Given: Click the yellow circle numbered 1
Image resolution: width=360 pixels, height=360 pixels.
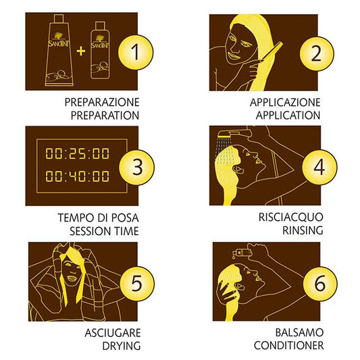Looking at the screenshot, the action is [136, 53].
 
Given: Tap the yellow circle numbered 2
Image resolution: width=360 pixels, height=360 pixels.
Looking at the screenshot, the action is [317, 54].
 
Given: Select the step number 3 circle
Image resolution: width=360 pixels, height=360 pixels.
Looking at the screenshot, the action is [137, 167].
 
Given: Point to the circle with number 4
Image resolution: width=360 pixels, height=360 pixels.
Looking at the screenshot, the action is [319, 168].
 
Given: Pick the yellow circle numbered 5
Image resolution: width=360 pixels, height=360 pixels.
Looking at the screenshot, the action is [137, 284].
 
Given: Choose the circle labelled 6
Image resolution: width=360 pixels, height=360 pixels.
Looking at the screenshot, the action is [320, 284].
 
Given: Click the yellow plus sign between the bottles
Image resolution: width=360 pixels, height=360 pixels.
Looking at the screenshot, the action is [81, 51].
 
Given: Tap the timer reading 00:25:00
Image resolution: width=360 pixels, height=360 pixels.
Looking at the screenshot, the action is [78, 153].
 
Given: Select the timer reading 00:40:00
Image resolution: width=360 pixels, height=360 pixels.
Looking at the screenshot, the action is [78, 176].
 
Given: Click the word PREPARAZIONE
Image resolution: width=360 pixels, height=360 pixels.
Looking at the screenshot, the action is [102, 103].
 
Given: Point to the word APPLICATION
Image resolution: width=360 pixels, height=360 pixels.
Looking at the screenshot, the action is [288, 115].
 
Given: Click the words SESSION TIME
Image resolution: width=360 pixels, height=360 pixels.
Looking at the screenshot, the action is [104, 231].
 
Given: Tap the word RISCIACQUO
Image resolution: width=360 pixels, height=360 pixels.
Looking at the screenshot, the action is [291, 217].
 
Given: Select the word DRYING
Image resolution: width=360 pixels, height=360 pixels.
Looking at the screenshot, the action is [122, 346].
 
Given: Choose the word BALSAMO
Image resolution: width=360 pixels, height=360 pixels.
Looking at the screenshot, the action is [299, 332].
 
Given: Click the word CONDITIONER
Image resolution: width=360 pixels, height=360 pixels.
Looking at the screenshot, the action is [289, 345].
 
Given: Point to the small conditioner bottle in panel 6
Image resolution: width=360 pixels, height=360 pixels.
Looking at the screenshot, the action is [242, 253].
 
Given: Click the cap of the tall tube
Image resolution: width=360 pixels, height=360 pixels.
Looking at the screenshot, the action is [59, 18].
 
